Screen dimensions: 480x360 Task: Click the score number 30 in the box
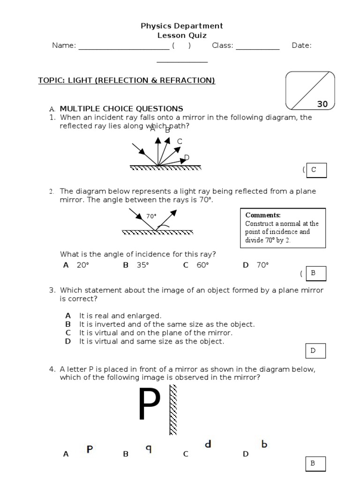pos(322,104)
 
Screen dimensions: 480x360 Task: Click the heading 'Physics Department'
pos(182,26)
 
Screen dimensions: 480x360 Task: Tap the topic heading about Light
pos(127,81)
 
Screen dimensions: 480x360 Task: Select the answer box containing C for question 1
pos(316,170)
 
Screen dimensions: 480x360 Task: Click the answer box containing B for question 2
pos(315,273)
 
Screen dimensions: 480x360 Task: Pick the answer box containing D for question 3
pos(315,351)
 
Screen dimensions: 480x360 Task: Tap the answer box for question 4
pos(315,464)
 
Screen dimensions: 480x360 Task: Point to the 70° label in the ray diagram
pos(151,216)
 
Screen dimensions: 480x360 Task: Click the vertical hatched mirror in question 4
pos(173,410)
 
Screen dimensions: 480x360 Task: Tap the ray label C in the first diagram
pos(180,142)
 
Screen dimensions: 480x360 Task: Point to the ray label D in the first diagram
pos(187,157)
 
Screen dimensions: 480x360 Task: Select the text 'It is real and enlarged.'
pos(120,316)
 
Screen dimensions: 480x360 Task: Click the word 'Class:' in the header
pos(222,45)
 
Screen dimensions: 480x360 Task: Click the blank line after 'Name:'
pos(124,46)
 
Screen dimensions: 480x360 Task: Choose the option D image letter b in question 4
pos(264,444)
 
